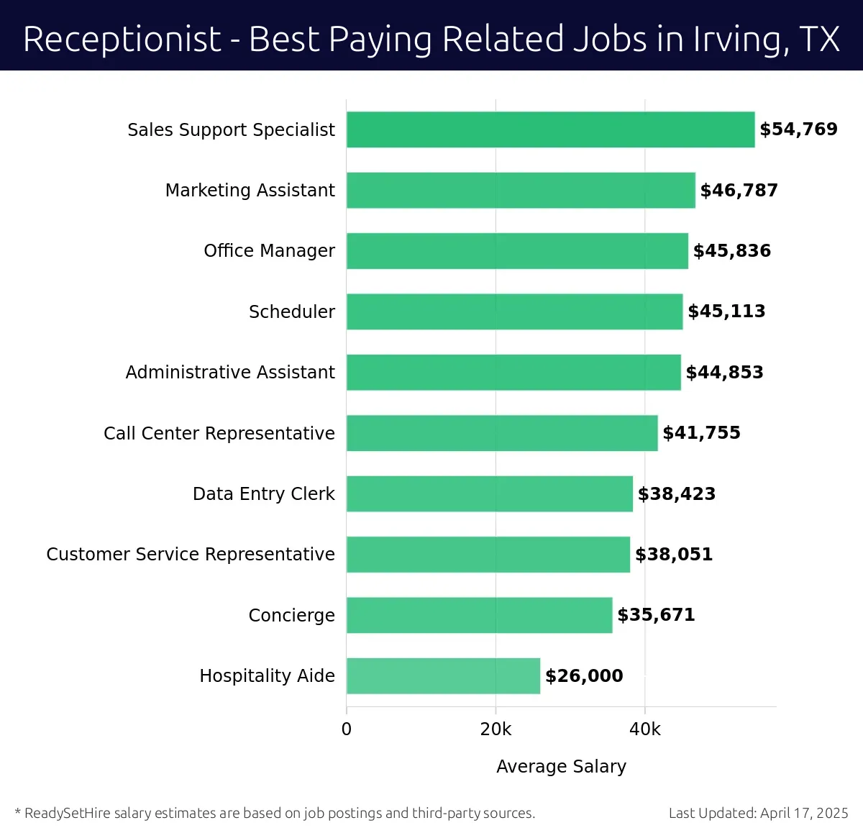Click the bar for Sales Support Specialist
coord(550,129)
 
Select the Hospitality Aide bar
coord(443,675)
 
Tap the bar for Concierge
coord(479,615)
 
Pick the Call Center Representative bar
coord(501,433)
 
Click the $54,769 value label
coord(798,129)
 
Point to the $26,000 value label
coord(584,676)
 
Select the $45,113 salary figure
coord(726,311)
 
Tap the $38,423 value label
coord(677,494)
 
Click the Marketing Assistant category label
coord(250,191)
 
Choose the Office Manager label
coord(269,251)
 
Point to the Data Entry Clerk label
coord(263,494)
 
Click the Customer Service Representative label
coord(191,555)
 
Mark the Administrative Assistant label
coord(230,373)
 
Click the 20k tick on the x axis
coord(496,729)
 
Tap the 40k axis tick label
coord(644,729)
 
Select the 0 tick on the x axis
coord(347,729)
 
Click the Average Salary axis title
coord(561,767)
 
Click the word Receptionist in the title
coord(122,40)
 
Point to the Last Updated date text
coord(758,814)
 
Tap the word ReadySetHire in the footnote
coord(68,814)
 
